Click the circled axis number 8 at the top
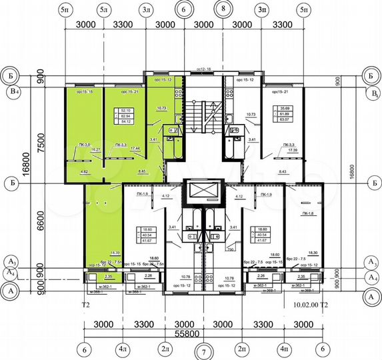click(223, 11)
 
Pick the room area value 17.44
click(133, 147)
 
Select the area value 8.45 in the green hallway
click(142, 171)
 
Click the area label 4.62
click(85, 171)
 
